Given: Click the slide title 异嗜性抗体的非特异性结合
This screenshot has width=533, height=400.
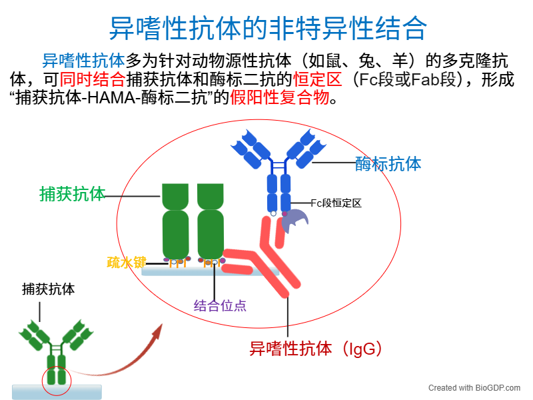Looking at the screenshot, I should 267,27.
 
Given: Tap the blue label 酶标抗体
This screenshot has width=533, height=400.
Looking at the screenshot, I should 388,163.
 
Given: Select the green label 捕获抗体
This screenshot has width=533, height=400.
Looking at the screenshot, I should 72,194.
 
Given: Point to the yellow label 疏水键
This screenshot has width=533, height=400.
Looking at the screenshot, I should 126,263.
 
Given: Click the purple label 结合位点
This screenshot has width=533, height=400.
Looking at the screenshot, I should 220,306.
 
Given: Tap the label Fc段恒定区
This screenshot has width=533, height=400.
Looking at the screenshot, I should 336,203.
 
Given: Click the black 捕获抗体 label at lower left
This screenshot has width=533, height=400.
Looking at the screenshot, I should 48,289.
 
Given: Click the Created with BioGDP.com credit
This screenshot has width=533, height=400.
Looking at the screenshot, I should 475,387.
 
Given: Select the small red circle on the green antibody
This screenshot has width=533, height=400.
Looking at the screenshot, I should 55,379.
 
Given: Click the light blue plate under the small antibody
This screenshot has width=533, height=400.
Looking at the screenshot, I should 57,391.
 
